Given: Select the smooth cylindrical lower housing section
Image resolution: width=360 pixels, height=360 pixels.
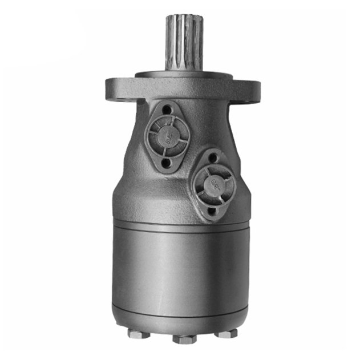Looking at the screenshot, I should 181,262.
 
